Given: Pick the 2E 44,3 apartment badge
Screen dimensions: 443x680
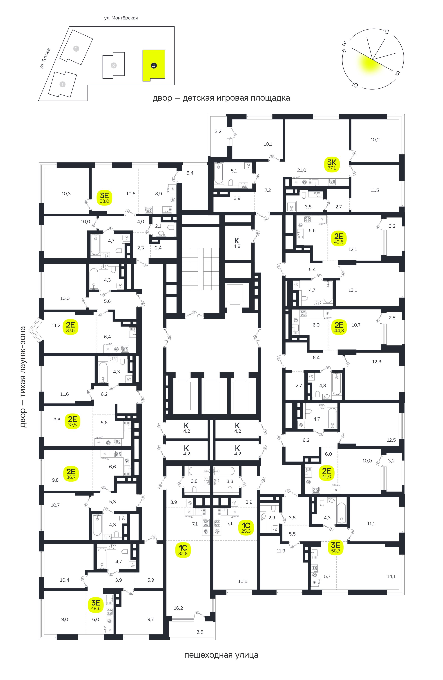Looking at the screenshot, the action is coord(339,327).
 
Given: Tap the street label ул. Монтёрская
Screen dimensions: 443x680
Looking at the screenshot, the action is coord(121,18).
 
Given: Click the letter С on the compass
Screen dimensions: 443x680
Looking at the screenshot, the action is coord(386,32).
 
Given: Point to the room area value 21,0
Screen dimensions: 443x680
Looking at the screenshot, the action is coord(302,170).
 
